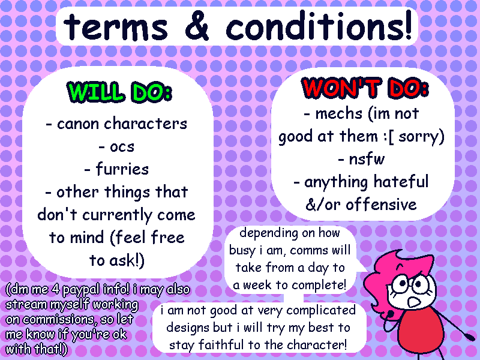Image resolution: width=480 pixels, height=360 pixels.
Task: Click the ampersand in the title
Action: pos(197,26)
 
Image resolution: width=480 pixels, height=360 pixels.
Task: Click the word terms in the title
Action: pos(116,27)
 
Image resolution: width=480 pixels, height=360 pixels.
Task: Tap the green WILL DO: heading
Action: pos(119,92)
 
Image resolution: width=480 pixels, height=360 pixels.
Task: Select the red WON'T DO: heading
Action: pos(365,88)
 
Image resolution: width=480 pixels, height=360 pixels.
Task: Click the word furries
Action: pos(122,169)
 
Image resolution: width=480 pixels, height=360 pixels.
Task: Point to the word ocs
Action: pos(122,147)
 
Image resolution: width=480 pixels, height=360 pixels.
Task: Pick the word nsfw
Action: pos(367,159)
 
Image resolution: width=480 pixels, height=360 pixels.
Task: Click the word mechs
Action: pos(339,113)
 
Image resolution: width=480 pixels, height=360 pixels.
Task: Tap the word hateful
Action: pos(401,182)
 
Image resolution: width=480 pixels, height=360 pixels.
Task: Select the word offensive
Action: pos(381,204)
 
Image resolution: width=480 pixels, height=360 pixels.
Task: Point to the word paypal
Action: pos(81,290)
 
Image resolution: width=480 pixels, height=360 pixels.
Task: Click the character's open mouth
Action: pos(414,302)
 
